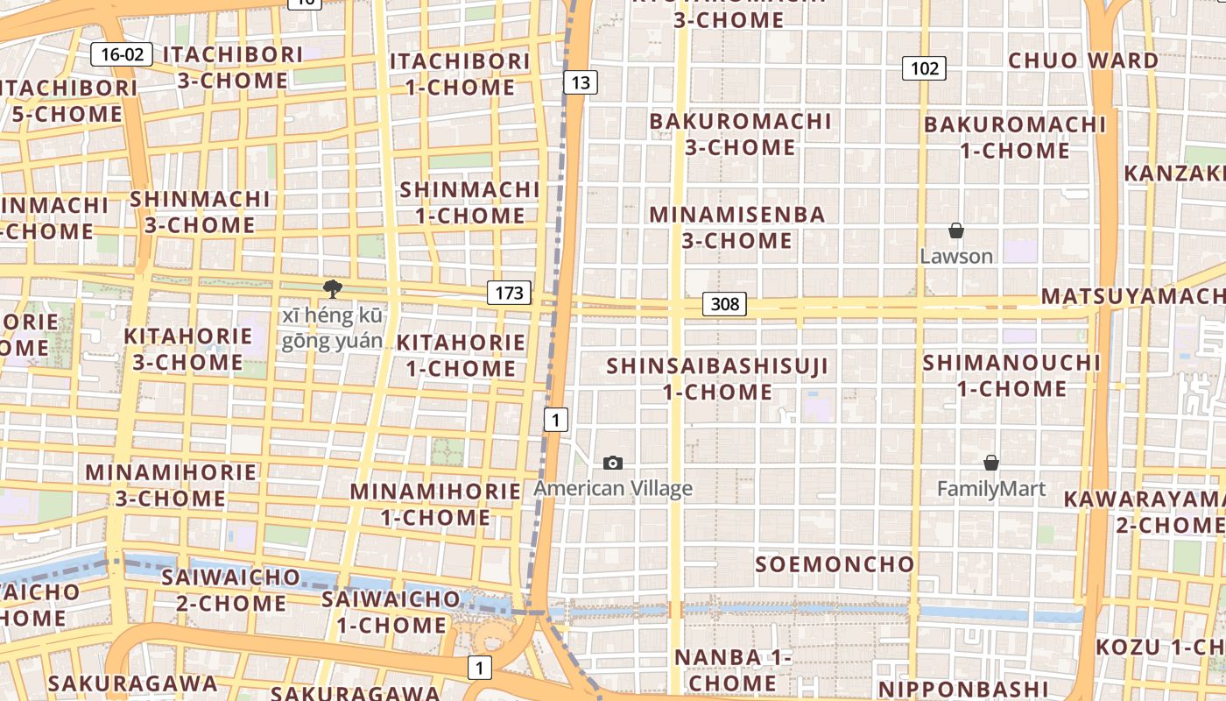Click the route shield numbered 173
coord(509,293)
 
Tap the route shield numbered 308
coord(724,304)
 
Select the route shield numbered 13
coord(580,82)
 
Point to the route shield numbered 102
coord(924,68)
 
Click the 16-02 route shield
coord(122,54)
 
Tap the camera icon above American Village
coord(613,463)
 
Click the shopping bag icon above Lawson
coord(956,230)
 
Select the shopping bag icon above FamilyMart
coord(991,463)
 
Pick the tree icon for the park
coord(332,289)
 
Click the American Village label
coord(613,488)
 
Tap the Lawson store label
coord(956,256)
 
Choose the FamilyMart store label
coord(991,488)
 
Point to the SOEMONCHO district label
coord(835,563)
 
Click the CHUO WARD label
coord(1083,60)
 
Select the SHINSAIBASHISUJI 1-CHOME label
coord(717,379)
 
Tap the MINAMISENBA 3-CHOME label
coord(737,227)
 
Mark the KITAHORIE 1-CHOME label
coord(462,355)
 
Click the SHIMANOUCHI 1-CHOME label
coord(1011,375)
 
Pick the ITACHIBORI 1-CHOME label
coord(460,74)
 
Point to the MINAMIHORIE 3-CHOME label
coord(171,485)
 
